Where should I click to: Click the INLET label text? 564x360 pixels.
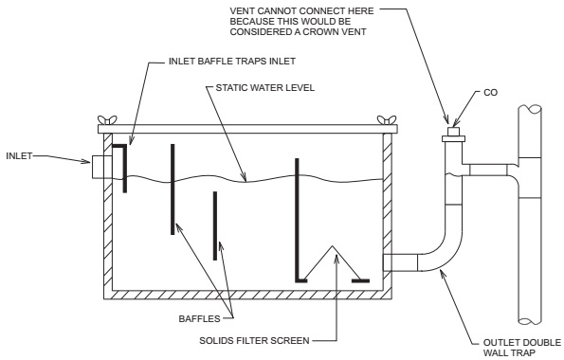[19, 156]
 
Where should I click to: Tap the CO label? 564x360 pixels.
[491, 93]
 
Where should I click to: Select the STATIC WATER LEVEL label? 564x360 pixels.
[265, 88]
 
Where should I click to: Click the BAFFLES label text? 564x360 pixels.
[199, 319]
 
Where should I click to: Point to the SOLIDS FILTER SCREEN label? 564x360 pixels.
[254, 341]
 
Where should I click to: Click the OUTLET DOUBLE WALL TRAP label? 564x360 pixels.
[522, 348]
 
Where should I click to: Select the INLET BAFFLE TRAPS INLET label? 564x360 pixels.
[232, 62]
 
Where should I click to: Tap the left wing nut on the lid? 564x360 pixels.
[107, 120]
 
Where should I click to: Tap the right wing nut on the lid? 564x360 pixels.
[387, 120]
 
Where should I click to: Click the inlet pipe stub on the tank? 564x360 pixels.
[102, 167]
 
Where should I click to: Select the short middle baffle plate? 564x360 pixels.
[215, 225]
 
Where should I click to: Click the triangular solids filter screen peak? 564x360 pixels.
[333, 246]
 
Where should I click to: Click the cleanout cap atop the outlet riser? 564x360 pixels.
[453, 135]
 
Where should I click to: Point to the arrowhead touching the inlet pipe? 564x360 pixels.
[86, 161]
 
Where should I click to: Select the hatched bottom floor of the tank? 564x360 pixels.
[247, 295]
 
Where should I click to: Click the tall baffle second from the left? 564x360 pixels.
[173, 189]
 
